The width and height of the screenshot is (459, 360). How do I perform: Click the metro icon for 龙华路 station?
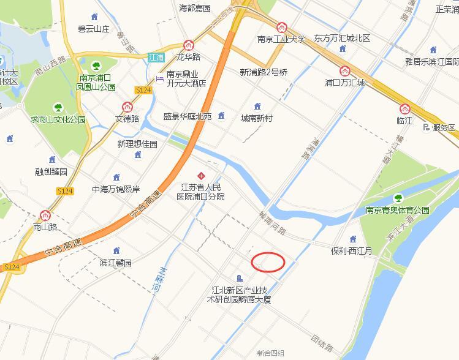(189, 45)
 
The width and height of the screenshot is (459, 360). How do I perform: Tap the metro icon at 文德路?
(127, 107)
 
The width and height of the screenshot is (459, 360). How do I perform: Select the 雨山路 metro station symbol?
(45, 215)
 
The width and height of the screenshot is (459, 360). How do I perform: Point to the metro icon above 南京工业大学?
(281, 28)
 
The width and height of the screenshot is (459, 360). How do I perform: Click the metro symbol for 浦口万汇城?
(345, 70)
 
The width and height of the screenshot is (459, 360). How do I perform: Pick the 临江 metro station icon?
(404, 109)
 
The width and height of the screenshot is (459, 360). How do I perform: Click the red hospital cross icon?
(200, 176)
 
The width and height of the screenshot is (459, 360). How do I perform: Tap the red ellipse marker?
(268, 261)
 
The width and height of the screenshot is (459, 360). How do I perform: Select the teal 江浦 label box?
(156, 57)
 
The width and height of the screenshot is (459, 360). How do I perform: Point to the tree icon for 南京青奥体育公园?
(398, 198)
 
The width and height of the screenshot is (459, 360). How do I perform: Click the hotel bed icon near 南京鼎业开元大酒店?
(160, 79)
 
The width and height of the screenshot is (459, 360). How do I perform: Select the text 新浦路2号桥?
(264, 72)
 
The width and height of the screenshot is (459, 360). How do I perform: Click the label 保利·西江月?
(352, 251)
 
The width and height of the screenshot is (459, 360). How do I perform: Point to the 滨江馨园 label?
(116, 263)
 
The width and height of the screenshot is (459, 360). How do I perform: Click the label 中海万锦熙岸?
(116, 189)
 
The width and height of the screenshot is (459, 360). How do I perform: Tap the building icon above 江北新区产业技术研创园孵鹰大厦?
(239, 279)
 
